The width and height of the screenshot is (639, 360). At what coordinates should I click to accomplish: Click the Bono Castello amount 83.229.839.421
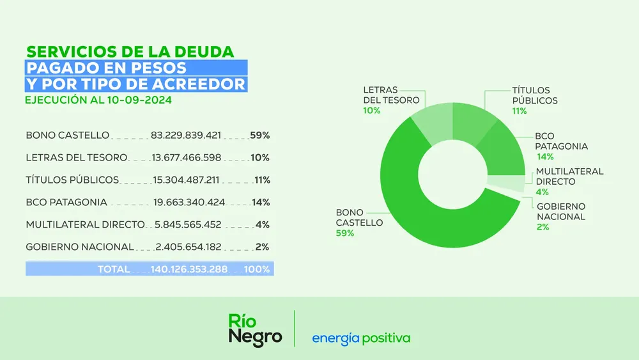click(x=186, y=136)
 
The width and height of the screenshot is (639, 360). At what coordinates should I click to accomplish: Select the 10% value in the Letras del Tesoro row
click(x=260, y=158)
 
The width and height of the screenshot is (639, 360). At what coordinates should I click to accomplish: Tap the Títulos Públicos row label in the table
click(x=72, y=180)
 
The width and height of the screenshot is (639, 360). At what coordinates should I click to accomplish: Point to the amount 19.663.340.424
click(x=189, y=203)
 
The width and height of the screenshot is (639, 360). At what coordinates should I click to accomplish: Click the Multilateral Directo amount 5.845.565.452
click(x=188, y=225)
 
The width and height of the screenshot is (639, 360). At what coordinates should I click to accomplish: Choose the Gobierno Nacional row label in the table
click(x=80, y=247)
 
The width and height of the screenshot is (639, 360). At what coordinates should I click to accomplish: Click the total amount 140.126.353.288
click(x=189, y=270)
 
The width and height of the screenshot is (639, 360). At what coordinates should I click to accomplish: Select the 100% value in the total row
click(x=257, y=270)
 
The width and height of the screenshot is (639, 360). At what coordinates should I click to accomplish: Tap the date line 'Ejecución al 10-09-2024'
click(x=98, y=100)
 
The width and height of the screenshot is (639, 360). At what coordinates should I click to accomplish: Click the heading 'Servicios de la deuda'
click(x=130, y=51)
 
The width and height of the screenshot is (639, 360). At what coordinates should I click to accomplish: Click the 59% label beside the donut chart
click(x=346, y=233)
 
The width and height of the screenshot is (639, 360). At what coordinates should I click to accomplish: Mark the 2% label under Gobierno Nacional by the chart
click(x=543, y=227)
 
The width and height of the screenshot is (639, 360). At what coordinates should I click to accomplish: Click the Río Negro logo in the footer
click(x=255, y=329)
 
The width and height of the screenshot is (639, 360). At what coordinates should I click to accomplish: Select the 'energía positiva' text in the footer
click(x=361, y=338)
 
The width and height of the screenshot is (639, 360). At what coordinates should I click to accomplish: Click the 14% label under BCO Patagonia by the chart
click(x=544, y=157)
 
